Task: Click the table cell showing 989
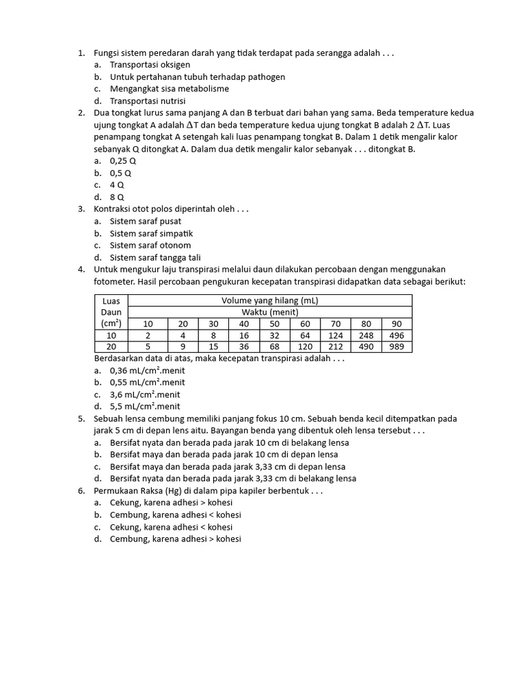click(396, 347)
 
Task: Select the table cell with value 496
click(396, 335)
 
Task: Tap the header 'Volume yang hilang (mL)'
click(270, 300)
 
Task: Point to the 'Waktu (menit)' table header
click(270, 312)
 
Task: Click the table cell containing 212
click(335, 347)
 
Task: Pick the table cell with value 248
click(366, 335)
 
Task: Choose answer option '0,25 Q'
click(123, 161)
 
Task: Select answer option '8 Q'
click(117, 197)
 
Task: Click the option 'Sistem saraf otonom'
click(150, 246)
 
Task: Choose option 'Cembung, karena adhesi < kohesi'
click(175, 515)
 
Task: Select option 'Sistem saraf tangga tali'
click(155, 257)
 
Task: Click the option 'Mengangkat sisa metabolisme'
click(169, 89)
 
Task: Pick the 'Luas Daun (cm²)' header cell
click(111, 312)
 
